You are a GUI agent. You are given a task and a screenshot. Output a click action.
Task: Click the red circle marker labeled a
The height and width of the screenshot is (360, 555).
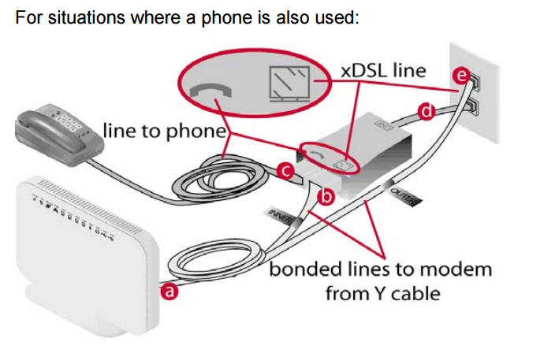click(x=167, y=292)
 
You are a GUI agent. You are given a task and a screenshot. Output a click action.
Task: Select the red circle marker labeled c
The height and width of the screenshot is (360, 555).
click(x=288, y=169)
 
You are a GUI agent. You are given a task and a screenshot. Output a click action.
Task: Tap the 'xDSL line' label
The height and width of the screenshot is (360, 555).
click(x=383, y=69)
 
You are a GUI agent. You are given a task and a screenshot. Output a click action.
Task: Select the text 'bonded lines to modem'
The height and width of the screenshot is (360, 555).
click(x=381, y=269)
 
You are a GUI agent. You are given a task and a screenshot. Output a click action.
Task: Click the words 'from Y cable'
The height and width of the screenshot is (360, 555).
click(x=382, y=294)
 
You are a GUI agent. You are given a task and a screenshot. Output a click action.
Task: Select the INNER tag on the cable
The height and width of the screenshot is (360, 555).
click(x=280, y=211)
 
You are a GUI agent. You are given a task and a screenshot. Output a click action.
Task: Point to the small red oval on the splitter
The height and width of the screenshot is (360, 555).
click(x=328, y=157)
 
